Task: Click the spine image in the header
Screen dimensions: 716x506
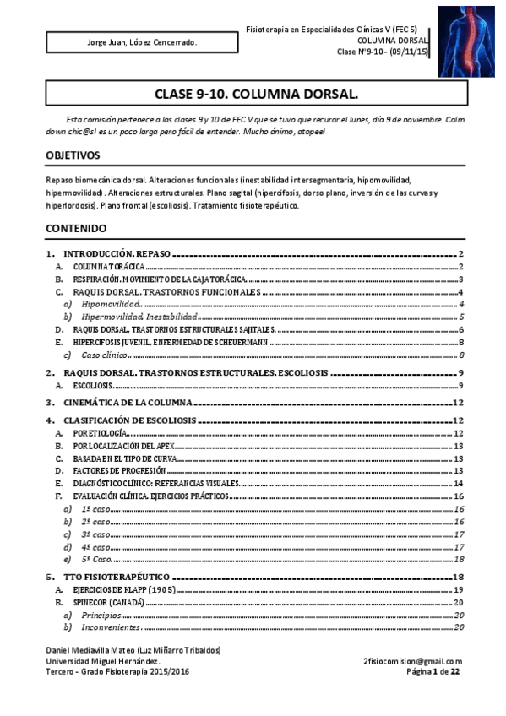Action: (465, 41)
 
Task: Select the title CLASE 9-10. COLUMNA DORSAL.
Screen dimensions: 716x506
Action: (256, 93)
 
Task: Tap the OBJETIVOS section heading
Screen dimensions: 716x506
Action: (73, 156)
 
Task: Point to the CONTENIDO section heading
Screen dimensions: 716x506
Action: (76, 228)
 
